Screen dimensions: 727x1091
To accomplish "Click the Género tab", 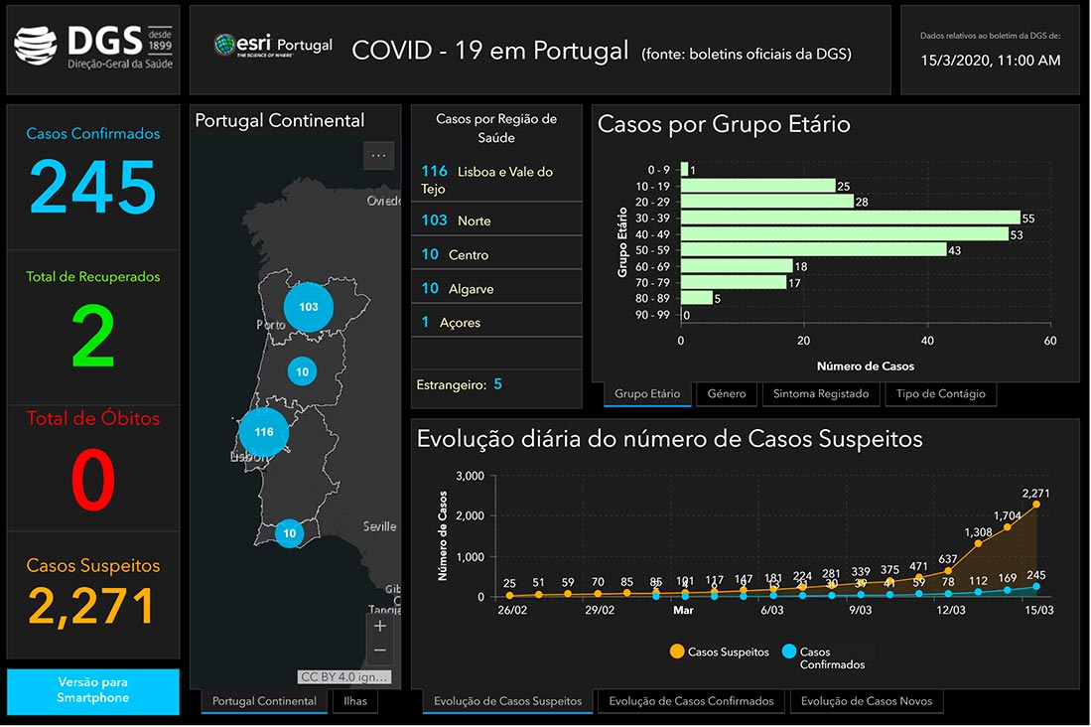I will click(x=727, y=394).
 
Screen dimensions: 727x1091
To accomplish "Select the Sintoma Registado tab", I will click(x=820, y=394).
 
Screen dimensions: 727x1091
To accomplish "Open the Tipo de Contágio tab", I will click(x=940, y=394).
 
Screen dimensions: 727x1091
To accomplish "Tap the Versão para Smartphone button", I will click(x=93, y=690).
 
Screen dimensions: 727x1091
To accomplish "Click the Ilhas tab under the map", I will click(x=355, y=701).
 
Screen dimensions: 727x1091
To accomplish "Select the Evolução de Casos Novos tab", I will click(x=867, y=701).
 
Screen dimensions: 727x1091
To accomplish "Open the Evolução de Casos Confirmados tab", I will click(x=691, y=701).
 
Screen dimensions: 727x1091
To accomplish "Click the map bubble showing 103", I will click(x=309, y=307).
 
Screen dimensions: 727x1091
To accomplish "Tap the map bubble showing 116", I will click(x=264, y=432).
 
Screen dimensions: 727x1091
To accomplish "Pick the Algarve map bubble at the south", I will click(x=289, y=533).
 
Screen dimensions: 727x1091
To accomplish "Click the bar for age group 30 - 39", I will click(x=851, y=218).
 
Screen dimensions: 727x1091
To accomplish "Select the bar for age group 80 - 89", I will click(x=697, y=298).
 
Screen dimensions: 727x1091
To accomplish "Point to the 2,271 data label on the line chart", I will click(x=1035, y=493).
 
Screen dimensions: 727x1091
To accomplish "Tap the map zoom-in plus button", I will click(x=379, y=626).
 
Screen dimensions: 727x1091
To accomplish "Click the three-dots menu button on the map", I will click(x=378, y=156).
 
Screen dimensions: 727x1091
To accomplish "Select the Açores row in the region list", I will click(x=496, y=323).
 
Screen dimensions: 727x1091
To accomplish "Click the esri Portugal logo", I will click(x=274, y=47).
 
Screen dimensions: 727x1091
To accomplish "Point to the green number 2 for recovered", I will click(x=93, y=339).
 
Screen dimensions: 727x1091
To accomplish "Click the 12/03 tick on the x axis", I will click(x=950, y=610).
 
